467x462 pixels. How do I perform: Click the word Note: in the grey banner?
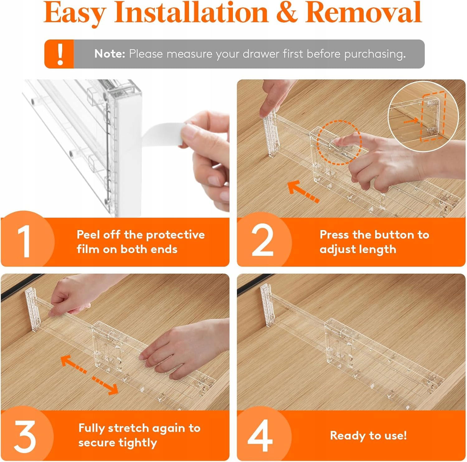click(110, 54)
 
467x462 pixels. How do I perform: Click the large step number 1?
click(24, 241)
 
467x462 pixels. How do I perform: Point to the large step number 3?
click(25, 436)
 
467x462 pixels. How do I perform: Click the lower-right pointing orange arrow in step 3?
click(105, 385)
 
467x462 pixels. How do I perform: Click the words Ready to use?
click(368, 436)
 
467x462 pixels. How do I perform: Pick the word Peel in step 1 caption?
click(88, 234)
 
